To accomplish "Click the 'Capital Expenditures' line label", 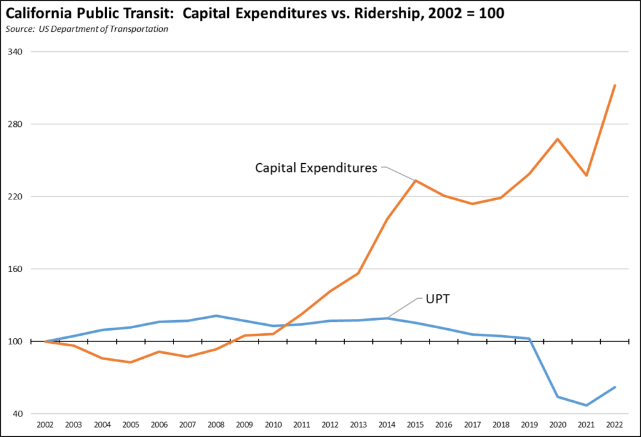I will [316, 168].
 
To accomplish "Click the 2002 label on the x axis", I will [45, 424].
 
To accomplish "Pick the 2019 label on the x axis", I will [529, 424].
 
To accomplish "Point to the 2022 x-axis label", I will [615, 424].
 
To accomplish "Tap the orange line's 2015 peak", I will [416, 181].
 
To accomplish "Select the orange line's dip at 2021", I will [587, 175].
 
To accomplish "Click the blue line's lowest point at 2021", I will [587, 405].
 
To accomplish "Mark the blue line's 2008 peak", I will [216, 316].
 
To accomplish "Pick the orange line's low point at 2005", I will [131, 362].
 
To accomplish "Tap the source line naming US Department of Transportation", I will [88, 29].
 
